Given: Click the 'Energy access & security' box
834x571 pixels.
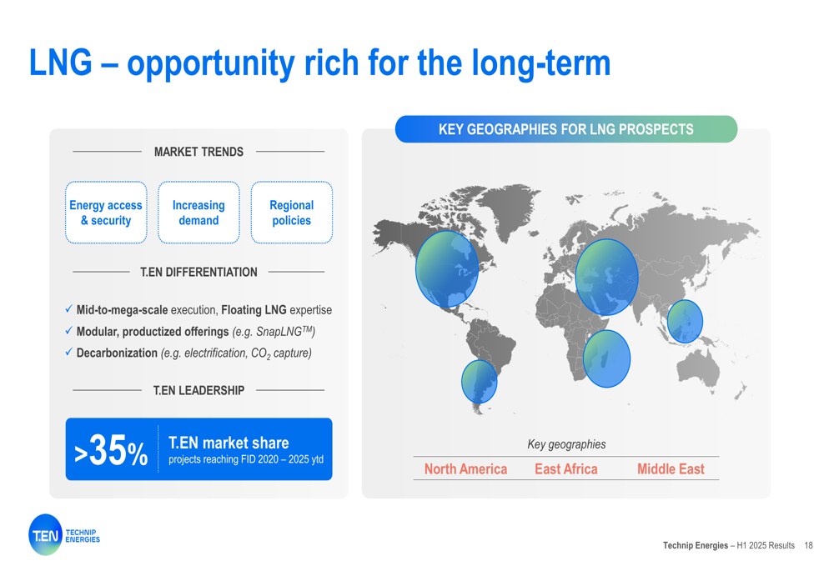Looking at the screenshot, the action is [106, 212].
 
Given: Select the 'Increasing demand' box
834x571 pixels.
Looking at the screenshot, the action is [198, 212].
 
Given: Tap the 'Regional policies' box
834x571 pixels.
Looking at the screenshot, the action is [291, 212].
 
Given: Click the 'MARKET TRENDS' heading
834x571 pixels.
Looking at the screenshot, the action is [198, 152].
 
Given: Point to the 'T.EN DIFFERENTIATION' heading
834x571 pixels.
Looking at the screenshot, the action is [198, 273].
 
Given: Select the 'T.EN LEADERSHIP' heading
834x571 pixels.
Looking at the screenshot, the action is [198, 391].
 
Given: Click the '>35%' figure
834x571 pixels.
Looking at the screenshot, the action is [111, 451].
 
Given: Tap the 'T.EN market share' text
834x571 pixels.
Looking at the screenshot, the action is [229, 443].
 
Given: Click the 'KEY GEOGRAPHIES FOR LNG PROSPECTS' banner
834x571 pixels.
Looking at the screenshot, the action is [566, 129].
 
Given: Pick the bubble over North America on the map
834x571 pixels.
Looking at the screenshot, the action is [447, 269].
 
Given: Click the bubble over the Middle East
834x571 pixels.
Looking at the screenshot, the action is [606, 277].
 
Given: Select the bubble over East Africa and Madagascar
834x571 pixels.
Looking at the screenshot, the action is [606, 358].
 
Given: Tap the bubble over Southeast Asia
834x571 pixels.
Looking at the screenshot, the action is [685, 321].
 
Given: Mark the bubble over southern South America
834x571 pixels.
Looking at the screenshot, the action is [480, 382].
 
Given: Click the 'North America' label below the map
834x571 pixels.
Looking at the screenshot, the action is [465, 469].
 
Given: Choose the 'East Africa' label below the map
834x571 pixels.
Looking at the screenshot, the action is [566, 469].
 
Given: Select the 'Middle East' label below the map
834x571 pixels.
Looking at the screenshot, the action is [671, 469].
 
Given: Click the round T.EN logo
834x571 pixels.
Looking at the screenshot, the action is [45, 535].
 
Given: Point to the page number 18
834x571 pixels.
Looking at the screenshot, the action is [808, 545].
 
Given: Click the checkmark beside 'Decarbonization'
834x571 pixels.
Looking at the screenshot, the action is [68, 352].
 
